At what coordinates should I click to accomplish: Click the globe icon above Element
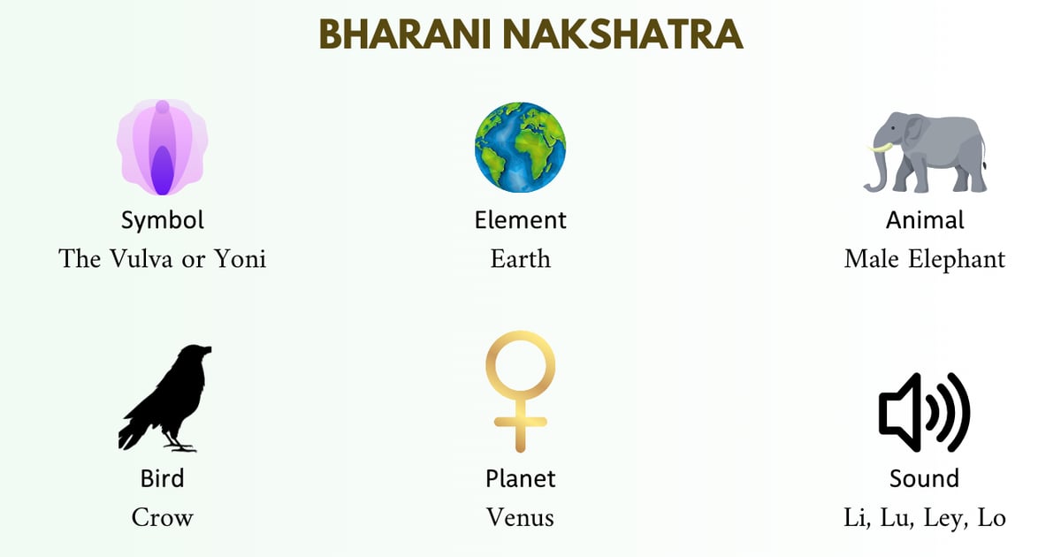click(520, 147)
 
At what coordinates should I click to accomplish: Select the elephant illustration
click(928, 152)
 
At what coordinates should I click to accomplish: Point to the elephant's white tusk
click(879, 148)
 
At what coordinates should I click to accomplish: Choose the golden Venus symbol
click(520, 389)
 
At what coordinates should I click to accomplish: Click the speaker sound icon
click(924, 412)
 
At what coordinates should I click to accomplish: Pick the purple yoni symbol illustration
click(163, 148)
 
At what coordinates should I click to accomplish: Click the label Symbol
click(163, 219)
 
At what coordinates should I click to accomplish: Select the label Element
click(520, 219)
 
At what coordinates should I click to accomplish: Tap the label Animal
click(925, 219)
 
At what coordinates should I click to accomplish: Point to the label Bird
click(163, 478)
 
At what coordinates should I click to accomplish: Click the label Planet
click(520, 478)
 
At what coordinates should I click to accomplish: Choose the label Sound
click(924, 478)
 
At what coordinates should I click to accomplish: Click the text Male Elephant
click(925, 259)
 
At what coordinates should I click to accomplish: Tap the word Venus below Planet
click(520, 517)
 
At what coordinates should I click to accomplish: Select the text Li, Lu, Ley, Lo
click(925, 517)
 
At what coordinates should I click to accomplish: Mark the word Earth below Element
click(520, 259)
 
